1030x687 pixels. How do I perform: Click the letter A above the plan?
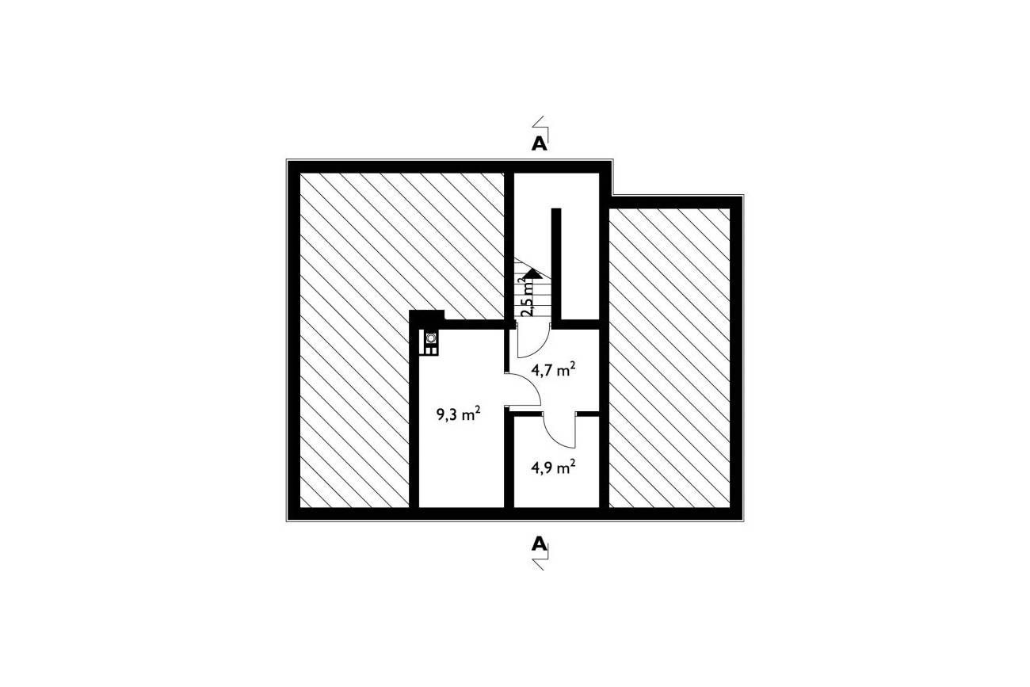pyautogui.click(x=540, y=144)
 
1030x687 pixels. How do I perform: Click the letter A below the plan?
pyautogui.click(x=540, y=544)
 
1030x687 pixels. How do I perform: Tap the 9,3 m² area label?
pyautogui.click(x=459, y=414)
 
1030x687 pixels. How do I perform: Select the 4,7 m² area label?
pyautogui.click(x=554, y=370)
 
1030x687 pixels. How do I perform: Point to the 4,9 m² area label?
pyautogui.click(x=554, y=468)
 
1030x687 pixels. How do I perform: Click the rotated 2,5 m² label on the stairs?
pyautogui.click(x=528, y=296)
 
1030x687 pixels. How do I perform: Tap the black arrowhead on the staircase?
pyautogui.click(x=533, y=273)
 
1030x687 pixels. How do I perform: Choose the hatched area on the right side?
pyautogui.click(x=669, y=357)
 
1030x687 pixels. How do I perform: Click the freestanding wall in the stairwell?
pyautogui.click(x=556, y=265)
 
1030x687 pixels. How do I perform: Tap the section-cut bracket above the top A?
pyautogui.click(x=540, y=126)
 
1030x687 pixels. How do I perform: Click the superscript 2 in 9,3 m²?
pyautogui.click(x=479, y=410)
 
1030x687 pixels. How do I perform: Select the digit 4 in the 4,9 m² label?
pyautogui.click(x=536, y=468)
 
